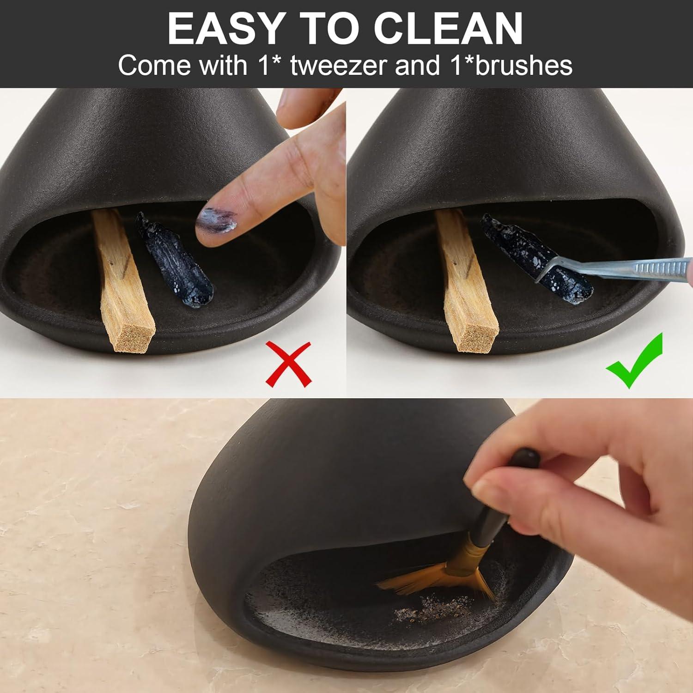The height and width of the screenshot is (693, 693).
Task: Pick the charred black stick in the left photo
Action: (174, 261)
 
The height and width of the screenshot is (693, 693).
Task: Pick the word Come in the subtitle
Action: (155, 66)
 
